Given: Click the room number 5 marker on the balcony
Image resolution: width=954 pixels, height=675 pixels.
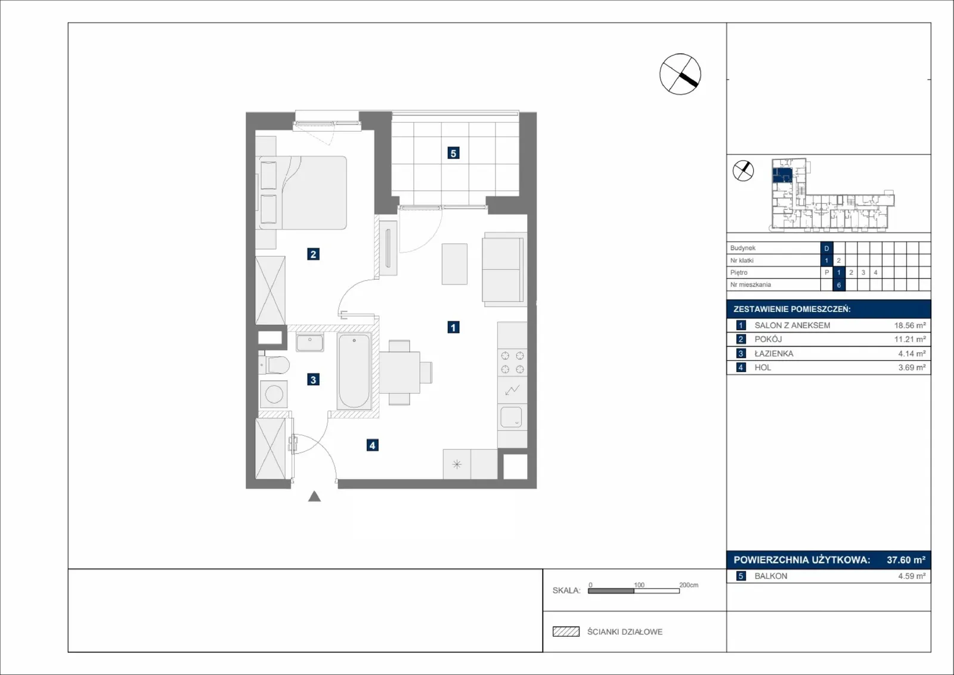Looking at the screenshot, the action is click(x=453, y=153).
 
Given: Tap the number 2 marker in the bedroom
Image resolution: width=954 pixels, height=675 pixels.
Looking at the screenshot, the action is click(x=313, y=254).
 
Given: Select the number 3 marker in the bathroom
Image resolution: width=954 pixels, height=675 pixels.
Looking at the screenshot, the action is click(x=313, y=379).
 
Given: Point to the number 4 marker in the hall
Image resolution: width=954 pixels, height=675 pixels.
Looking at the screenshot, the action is click(x=372, y=445).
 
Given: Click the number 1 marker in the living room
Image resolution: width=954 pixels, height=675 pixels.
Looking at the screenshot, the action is click(x=453, y=327).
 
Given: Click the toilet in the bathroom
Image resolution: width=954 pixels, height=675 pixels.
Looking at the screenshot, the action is click(x=274, y=364).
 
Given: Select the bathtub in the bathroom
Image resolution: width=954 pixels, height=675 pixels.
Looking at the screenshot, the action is click(x=354, y=371).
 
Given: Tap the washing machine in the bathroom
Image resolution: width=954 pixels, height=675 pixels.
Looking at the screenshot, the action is click(x=274, y=394).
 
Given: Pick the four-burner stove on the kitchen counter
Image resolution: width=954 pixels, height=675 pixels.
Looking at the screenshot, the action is click(x=512, y=363).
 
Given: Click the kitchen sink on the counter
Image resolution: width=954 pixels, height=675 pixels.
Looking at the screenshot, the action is click(x=512, y=417).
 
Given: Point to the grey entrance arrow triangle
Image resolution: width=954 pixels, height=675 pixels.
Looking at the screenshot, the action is click(x=314, y=496).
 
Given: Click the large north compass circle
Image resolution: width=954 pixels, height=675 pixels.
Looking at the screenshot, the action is click(x=680, y=74).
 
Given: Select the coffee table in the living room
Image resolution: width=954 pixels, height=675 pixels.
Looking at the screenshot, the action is click(x=454, y=264).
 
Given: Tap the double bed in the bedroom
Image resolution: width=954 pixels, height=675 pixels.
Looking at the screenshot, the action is click(x=302, y=193).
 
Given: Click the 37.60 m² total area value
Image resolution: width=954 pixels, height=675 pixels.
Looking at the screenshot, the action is click(x=906, y=559).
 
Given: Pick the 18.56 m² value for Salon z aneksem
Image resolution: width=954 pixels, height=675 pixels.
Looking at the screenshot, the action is click(x=910, y=326).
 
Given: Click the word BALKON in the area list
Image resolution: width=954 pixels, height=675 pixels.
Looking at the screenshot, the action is click(x=771, y=576).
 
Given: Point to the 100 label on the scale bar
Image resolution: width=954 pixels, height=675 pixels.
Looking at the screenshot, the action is click(x=639, y=585).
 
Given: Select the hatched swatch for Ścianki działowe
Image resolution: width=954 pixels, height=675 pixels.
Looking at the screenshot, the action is click(x=566, y=631).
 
